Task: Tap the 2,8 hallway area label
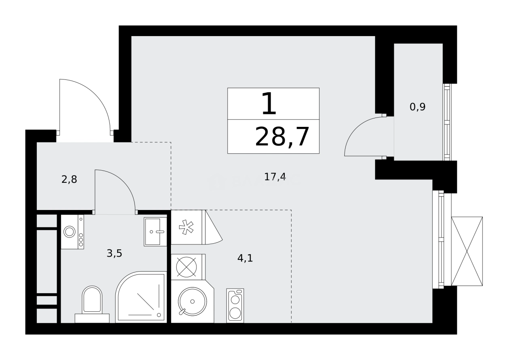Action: coord(69,179)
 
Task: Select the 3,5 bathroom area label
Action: coord(114,254)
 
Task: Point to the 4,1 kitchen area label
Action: coord(245,258)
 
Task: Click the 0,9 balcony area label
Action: coord(417,107)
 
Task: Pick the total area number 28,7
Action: coord(282,137)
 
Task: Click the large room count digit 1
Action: coord(269,104)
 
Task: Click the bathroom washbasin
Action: coord(155,231)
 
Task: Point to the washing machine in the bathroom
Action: coord(72,232)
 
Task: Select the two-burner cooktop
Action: coord(235,306)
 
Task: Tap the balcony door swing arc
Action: coord(363,136)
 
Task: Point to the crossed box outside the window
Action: coord(467,251)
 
